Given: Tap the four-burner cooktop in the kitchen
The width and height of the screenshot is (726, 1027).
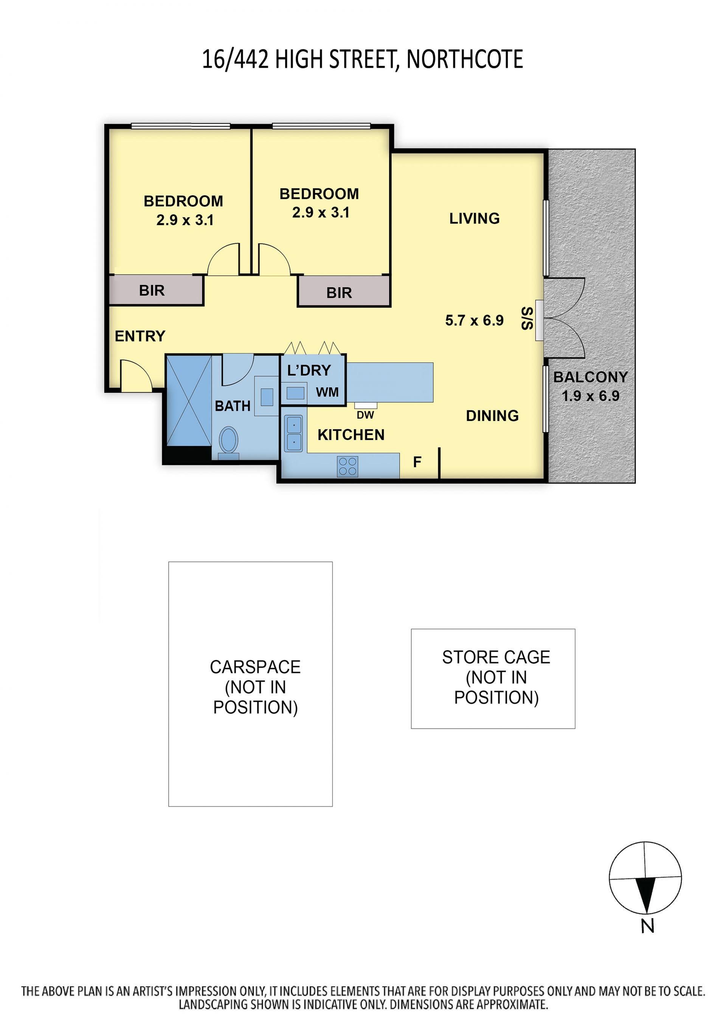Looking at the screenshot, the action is (347, 466).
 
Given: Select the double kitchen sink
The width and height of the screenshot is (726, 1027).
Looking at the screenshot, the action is (294, 433).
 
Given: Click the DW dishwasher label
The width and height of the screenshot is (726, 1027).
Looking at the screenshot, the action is (365, 415).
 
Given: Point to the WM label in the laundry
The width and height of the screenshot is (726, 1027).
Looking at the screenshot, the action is (327, 392).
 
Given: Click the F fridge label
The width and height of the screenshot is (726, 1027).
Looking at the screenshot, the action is (417, 462).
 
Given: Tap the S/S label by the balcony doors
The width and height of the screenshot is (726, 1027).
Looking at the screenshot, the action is (527, 318).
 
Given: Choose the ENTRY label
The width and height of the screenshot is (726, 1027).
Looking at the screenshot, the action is (140, 336).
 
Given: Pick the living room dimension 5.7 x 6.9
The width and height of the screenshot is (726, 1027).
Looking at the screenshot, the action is (474, 320).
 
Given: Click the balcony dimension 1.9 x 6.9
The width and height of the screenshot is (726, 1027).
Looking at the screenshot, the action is (591, 396).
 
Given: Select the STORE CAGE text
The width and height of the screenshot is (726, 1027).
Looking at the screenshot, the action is (496, 657).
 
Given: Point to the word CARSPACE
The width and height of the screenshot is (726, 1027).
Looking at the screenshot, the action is (255, 667).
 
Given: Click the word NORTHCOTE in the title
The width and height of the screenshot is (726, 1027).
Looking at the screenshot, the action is (465, 59).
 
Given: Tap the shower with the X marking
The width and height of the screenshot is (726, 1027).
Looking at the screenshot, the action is (189, 401).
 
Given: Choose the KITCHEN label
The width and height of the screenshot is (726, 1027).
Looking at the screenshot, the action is (351, 435).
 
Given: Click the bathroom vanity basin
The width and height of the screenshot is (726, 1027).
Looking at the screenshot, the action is (267, 397).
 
